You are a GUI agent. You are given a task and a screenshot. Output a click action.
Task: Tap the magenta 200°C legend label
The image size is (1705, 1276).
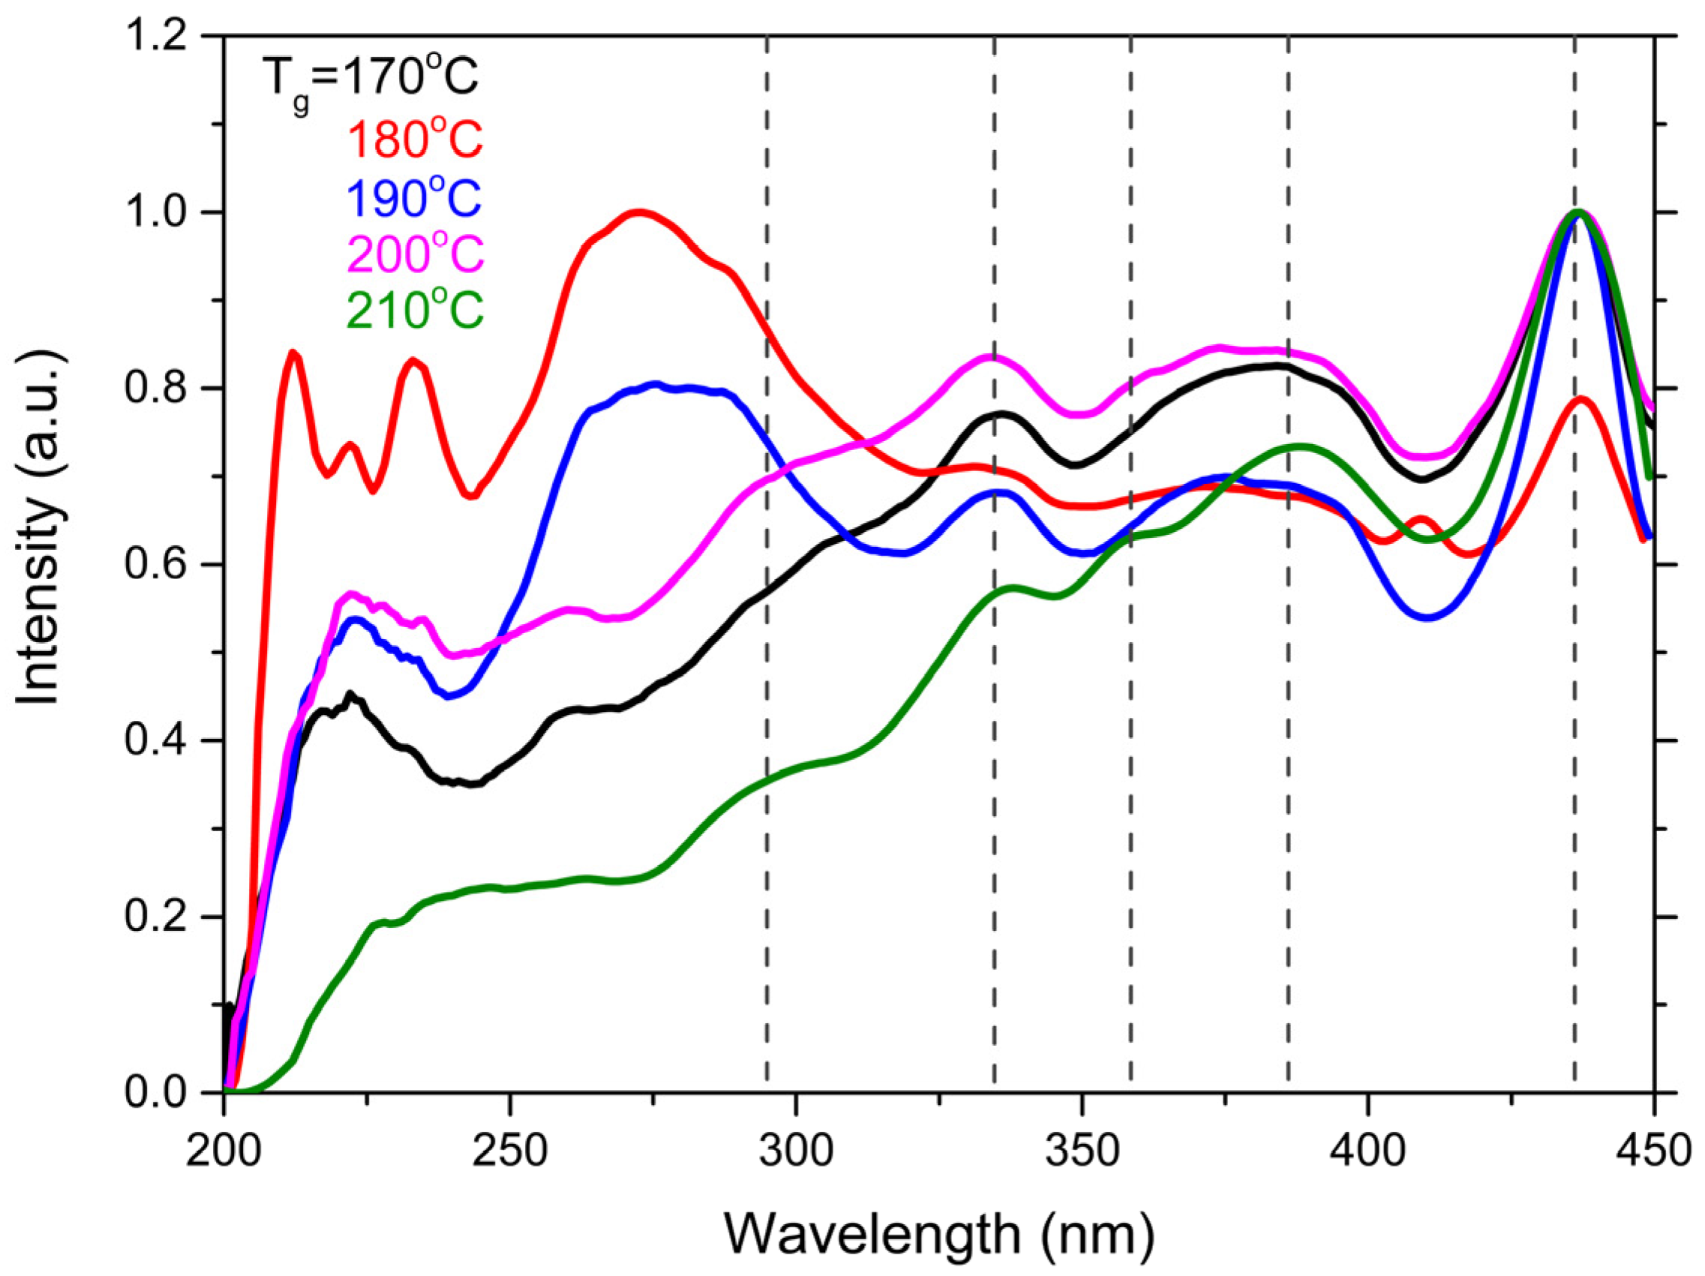[x=416, y=254]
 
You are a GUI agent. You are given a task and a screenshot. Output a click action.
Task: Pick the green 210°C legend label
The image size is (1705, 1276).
[x=416, y=310]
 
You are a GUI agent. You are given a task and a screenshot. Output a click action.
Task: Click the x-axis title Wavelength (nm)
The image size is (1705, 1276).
[x=938, y=1233]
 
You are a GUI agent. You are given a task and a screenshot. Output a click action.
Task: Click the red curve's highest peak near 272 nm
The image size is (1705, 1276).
[x=638, y=212]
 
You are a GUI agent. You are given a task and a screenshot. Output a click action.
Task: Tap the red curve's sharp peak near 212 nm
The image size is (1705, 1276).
[x=294, y=353]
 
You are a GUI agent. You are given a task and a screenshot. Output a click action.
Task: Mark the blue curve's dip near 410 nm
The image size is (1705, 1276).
[x=1427, y=617]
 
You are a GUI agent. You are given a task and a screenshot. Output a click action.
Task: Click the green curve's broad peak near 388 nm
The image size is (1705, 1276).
[x=1301, y=446]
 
